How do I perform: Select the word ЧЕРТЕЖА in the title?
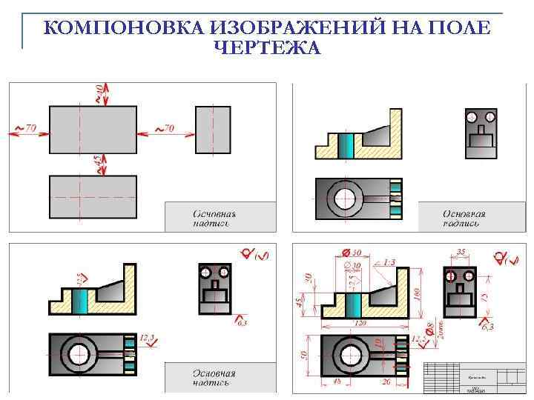coord(267,48)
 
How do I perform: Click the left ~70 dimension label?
coord(26,128)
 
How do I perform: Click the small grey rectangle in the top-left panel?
coord(213,130)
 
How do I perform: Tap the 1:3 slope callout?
coord(389,262)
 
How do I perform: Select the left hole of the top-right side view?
coord(472,117)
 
